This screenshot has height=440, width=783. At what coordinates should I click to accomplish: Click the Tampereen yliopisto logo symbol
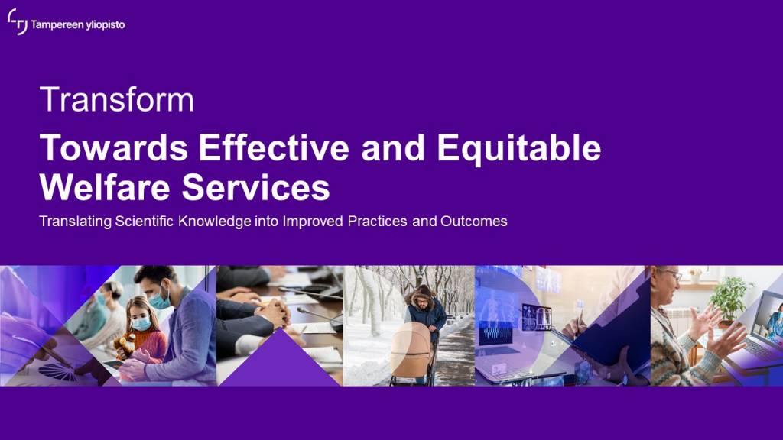click(18, 22)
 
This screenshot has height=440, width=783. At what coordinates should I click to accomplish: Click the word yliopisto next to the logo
click(105, 25)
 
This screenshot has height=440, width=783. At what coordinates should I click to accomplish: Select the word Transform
click(117, 100)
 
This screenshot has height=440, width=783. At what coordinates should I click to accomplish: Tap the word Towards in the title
click(114, 147)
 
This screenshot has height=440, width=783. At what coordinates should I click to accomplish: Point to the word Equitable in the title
click(519, 149)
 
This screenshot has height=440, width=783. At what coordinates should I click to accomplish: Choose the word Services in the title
click(255, 188)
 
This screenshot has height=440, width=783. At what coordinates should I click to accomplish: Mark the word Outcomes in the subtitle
click(474, 221)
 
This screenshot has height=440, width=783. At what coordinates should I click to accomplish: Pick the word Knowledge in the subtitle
click(215, 222)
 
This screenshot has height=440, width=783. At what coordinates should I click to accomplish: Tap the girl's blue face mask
click(141, 324)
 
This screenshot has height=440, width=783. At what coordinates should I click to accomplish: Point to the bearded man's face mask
click(161, 300)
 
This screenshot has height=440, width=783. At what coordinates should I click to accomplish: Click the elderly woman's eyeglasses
click(671, 274)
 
